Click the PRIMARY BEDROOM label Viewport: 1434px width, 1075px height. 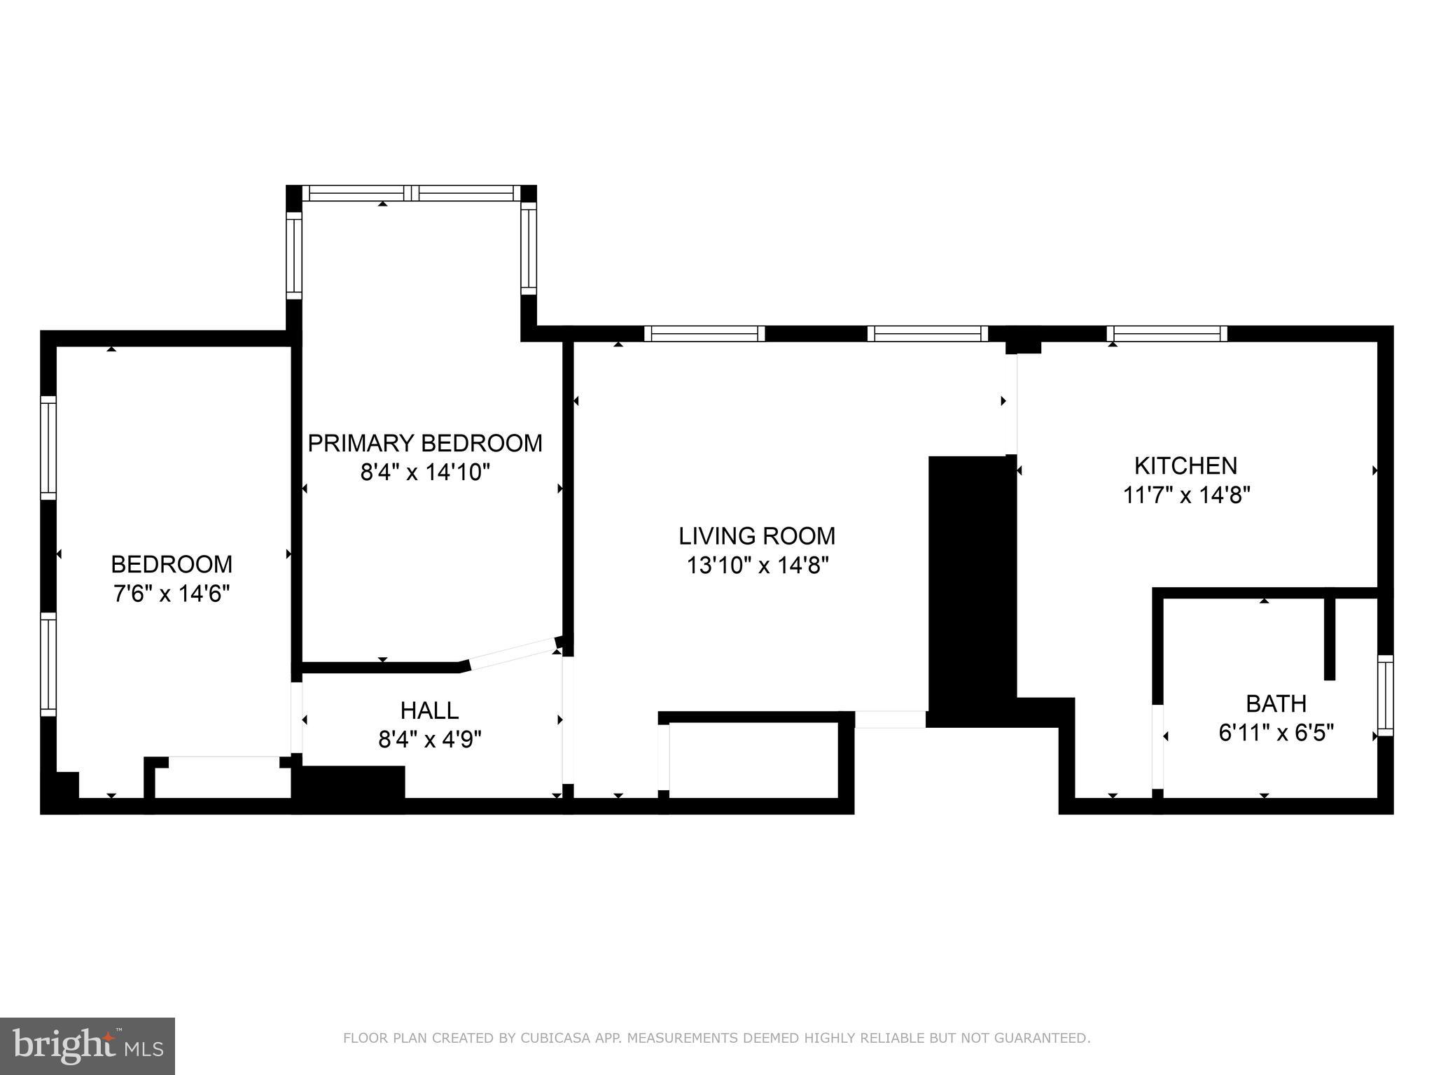pyautogui.click(x=425, y=443)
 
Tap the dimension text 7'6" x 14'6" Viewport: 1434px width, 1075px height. pyautogui.click(x=172, y=593)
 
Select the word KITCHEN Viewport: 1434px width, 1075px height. pyautogui.click(x=1185, y=465)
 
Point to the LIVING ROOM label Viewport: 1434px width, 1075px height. pyautogui.click(x=757, y=536)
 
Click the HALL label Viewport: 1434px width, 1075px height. pyautogui.click(x=429, y=710)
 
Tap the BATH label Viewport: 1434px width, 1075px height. pyautogui.click(x=1276, y=703)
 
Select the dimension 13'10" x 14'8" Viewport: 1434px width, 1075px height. pyautogui.click(x=757, y=565)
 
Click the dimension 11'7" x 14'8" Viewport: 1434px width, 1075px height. pyautogui.click(x=1186, y=496)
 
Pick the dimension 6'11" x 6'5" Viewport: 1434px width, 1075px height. pyautogui.click(x=1276, y=733)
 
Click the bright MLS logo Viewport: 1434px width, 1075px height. pyautogui.click(x=88, y=1045)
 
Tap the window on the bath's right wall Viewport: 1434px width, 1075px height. pyautogui.click(x=1385, y=696)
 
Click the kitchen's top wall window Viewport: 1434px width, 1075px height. pyautogui.click(x=1167, y=334)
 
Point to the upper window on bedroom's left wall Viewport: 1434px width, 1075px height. pyautogui.click(x=48, y=448)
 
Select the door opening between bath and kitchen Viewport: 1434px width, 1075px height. pyautogui.click(x=1158, y=747)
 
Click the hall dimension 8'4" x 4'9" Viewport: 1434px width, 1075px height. pyautogui.click(x=429, y=740)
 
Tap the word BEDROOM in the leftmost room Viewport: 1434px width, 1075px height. pyautogui.click(x=172, y=564)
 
